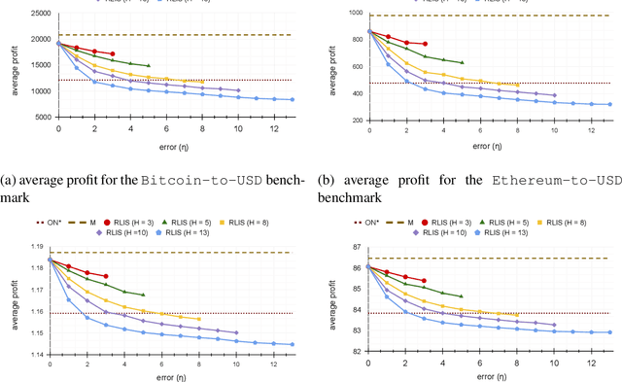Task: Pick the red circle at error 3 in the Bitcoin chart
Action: point(113,54)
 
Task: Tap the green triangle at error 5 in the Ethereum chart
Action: point(462,63)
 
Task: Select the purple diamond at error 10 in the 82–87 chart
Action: point(554,326)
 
